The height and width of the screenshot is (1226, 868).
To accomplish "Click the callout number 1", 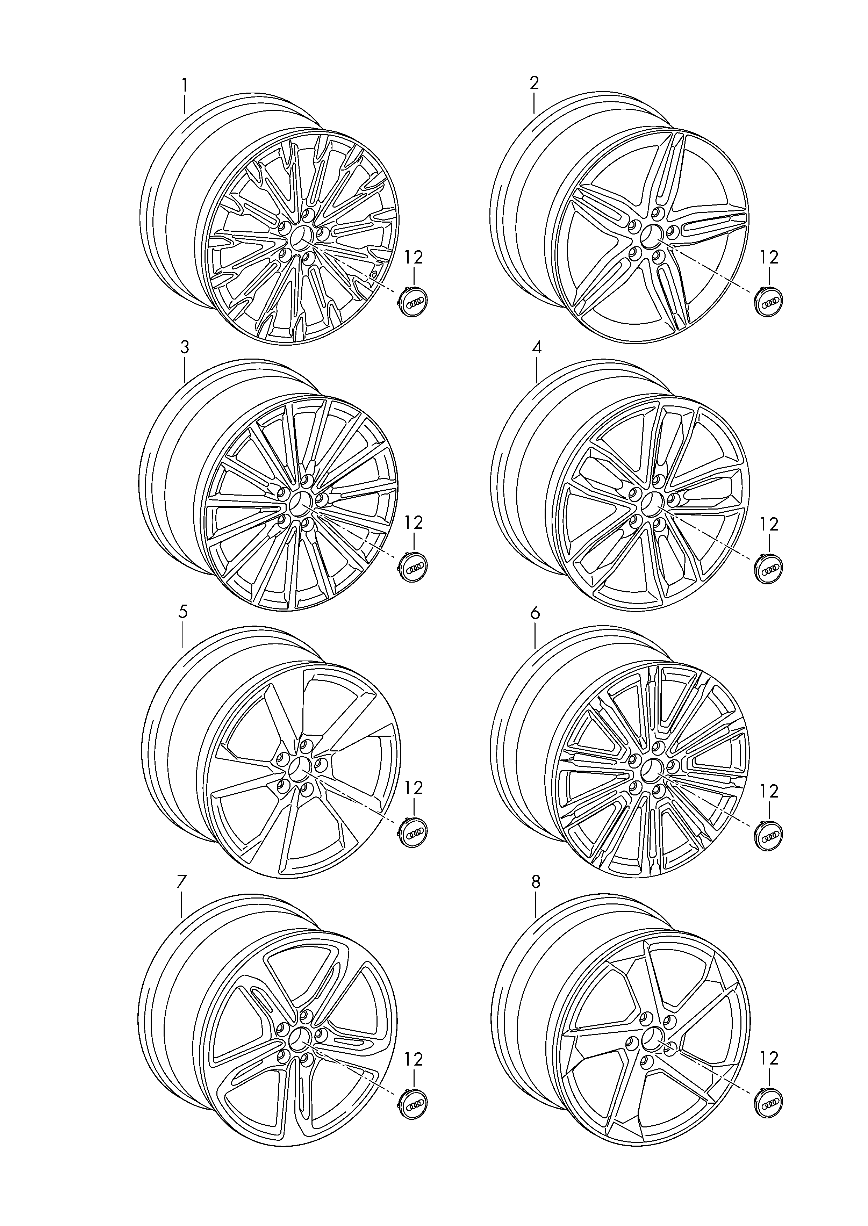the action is (184, 86).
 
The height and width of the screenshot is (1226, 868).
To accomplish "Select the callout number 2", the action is (534, 83).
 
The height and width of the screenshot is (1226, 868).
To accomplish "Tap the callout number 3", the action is (184, 348).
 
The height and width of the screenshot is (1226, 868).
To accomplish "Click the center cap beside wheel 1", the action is (414, 302).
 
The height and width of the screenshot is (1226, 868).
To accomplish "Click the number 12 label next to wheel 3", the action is (414, 522).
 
